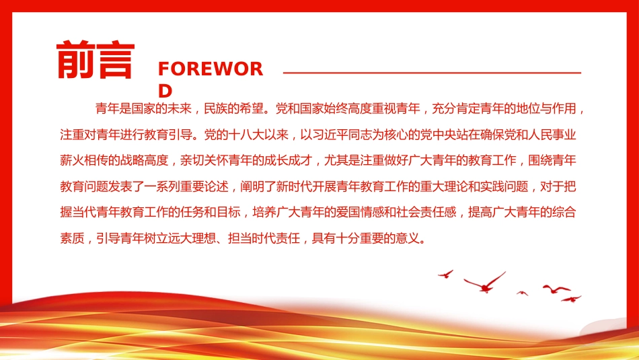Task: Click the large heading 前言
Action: pyautogui.click(x=96, y=59)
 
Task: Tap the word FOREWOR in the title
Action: pyautogui.click(x=211, y=69)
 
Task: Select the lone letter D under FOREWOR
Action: pyautogui.click(x=165, y=91)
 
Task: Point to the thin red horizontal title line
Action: pyautogui.click(x=432, y=73)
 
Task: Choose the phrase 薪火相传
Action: pyautogui.click(x=84, y=161)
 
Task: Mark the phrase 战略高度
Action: pyautogui.click(x=144, y=161)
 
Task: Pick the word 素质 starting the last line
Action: pyautogui.click(x=72, y=238)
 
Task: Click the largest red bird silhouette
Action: pyautogui.click(x=485, y=283)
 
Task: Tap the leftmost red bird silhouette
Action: pyautogui.click(x=446, y=274)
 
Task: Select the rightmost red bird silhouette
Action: pyautogui.click(x=571, y=299)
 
